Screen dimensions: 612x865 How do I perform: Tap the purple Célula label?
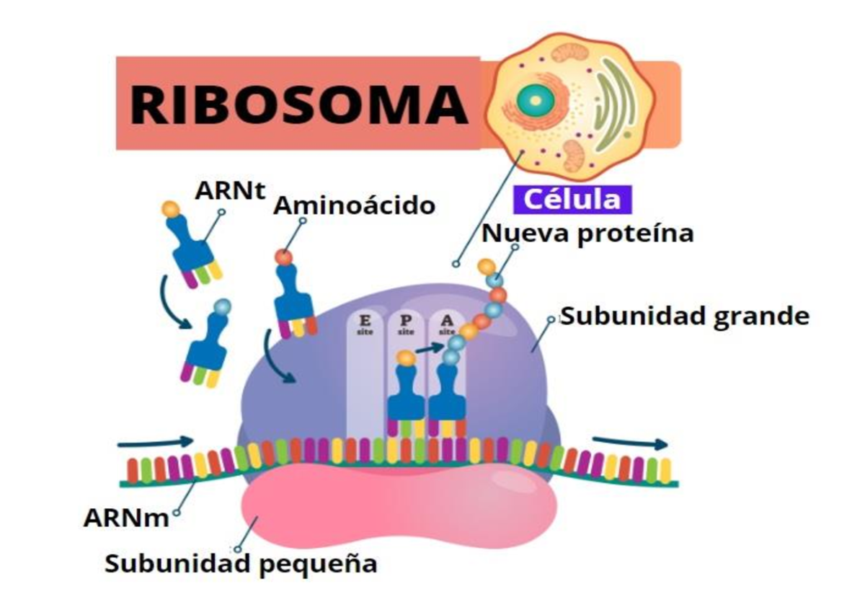(x=572, y=199)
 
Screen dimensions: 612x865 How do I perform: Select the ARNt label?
(x=230, y=192)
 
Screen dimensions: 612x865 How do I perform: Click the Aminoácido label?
(x=354, y=206)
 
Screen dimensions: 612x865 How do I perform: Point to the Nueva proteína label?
(x=587, y=233)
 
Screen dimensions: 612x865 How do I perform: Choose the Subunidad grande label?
(x=684, y=316)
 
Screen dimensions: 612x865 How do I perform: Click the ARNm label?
(x=125, y=517)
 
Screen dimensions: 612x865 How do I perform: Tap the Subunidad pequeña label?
(x=241, y=563)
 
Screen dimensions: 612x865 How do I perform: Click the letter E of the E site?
(x=365, y=319)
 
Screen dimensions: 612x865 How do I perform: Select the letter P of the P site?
(x=407, y=319)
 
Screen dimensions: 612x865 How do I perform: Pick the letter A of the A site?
(x=448, y=319)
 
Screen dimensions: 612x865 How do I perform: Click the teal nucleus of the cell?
(x=534, y=99)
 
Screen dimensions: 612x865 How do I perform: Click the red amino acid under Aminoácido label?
(x=284, y=257)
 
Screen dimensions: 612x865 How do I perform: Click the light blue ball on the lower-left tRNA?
(x=223, y=306)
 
